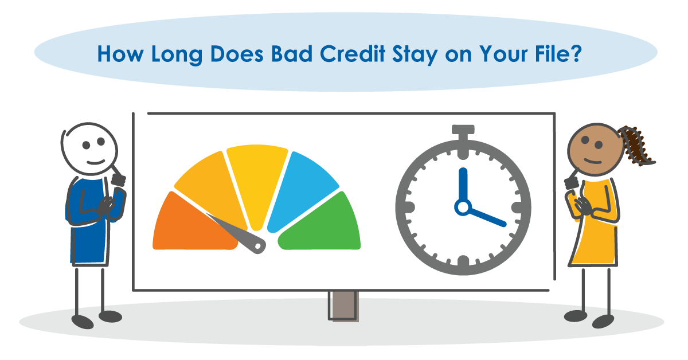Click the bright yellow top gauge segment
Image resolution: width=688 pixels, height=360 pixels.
tap(256, 175)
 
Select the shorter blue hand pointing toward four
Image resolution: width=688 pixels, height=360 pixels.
tap(487, 217)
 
